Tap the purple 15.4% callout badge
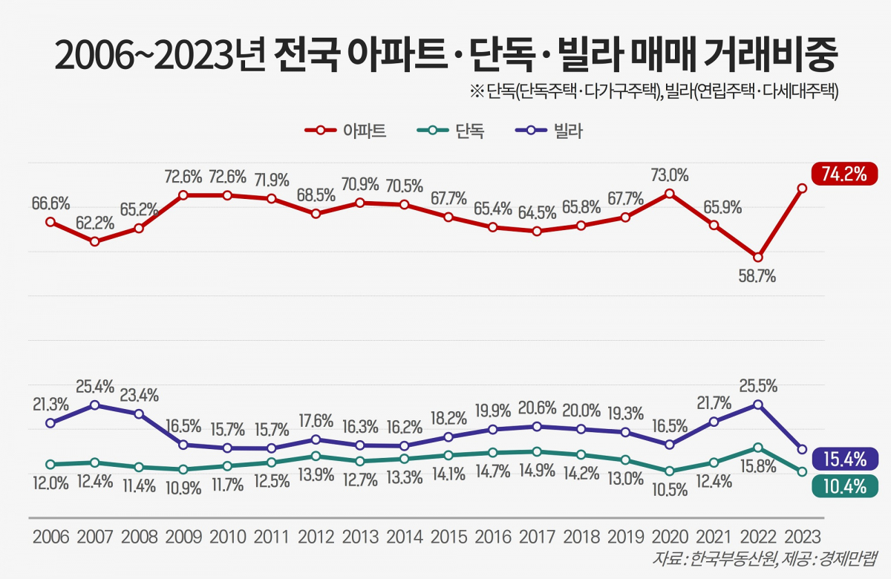(x=845, y=459)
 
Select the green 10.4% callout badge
(x=845, y=486)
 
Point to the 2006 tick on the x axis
(x=50, y=537)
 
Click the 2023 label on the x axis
(x=801, y=537)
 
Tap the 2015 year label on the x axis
(x=448, y=537)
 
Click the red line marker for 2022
(x=757, y=257)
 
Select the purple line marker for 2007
(x=94, y=405)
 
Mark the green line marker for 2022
(x=757, y=448)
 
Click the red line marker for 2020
(x=669, y=193)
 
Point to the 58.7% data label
(x=757, y=278)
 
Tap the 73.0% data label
(x=669, y=175)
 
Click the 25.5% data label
(x=757, y=385)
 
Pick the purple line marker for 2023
(x=801, y=449)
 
